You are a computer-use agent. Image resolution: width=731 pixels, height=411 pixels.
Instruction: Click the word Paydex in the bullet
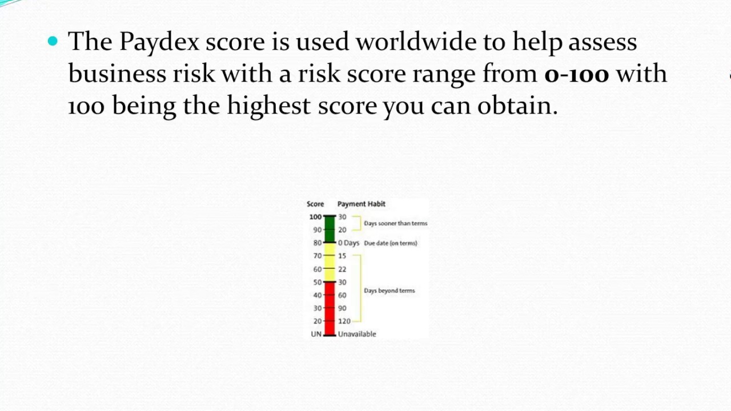point(159,42)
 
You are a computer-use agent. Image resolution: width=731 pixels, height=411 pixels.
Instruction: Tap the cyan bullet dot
point(53,41)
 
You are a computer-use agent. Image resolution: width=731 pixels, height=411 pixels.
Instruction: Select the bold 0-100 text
point(576,74)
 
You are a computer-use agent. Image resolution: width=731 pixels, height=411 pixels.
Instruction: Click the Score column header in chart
point(315,204)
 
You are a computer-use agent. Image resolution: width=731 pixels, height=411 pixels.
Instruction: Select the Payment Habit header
point(361,204)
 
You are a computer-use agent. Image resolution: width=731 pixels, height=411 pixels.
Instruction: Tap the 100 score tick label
point(315,217)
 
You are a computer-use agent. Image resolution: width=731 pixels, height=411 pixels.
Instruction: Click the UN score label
point(316,334)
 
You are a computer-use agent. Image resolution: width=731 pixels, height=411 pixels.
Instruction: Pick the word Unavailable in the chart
point(357,334)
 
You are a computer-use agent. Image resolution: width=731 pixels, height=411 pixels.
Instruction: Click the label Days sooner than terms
point(395,223)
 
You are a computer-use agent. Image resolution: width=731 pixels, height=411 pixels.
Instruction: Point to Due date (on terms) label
point(391,243)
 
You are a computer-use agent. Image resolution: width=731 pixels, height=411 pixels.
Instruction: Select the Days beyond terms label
point(389,291)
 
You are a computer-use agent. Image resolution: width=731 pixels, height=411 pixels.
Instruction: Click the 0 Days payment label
point(348,243)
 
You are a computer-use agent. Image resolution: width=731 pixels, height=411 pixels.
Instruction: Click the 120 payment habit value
point(344,321)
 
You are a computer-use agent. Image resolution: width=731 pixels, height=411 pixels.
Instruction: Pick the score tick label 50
point(318,283)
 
